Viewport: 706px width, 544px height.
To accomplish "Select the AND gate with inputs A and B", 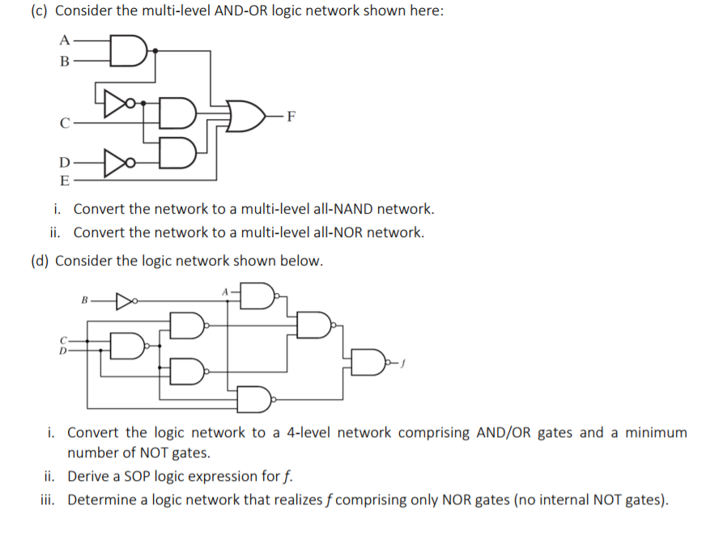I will coord(128,49).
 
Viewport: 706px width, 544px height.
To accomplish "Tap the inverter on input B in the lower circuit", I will coord(125,304).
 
